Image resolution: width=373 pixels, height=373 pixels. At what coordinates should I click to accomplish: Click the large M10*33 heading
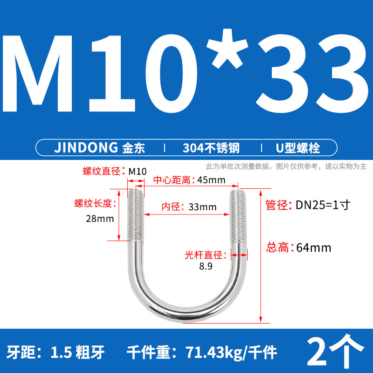tap(186, 70)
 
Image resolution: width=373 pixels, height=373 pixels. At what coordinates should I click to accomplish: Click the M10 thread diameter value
tap(137, 171)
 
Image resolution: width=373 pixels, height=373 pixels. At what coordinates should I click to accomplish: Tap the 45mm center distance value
tap(211, 180)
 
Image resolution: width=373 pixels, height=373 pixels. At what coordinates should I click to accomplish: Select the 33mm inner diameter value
tap(202, 207)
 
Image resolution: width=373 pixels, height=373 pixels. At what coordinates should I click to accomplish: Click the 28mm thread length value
tap(99, 219)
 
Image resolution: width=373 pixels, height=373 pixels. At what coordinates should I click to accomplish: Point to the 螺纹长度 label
tap(93, 203)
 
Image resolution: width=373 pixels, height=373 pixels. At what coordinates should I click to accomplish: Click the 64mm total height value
tap(314, 248)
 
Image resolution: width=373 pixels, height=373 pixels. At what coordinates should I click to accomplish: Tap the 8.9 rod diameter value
tap(206, 267)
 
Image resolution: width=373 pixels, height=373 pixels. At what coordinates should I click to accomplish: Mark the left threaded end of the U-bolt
tap(135, 214)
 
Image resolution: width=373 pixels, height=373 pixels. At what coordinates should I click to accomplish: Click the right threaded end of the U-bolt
tap(236, 214)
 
